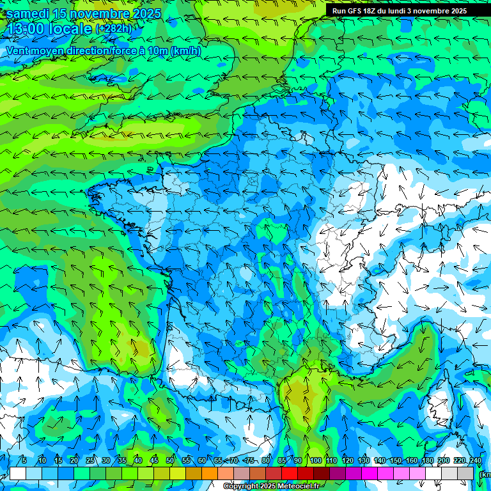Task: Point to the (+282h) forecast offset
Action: point(116,29)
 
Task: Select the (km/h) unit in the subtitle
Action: point(186,51)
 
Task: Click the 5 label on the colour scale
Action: point(24,461)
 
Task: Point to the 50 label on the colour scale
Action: point(170,461)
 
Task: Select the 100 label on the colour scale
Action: point(315,461)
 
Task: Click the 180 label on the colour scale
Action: point(428,461)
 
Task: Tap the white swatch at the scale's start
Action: point(18,473)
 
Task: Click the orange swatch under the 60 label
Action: point(210,473)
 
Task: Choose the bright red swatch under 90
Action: point(290,473)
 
